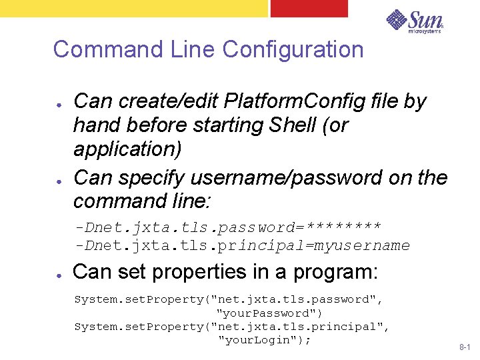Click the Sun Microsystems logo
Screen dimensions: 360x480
[414, 21]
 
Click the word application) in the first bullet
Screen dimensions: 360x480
[127, 149]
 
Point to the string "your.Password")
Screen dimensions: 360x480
[269, 313]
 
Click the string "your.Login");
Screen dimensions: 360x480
[265, 340]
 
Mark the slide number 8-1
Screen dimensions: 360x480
[464, 348]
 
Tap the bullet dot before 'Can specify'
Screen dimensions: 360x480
[59, 180]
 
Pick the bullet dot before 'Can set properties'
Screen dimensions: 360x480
[59, 275]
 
